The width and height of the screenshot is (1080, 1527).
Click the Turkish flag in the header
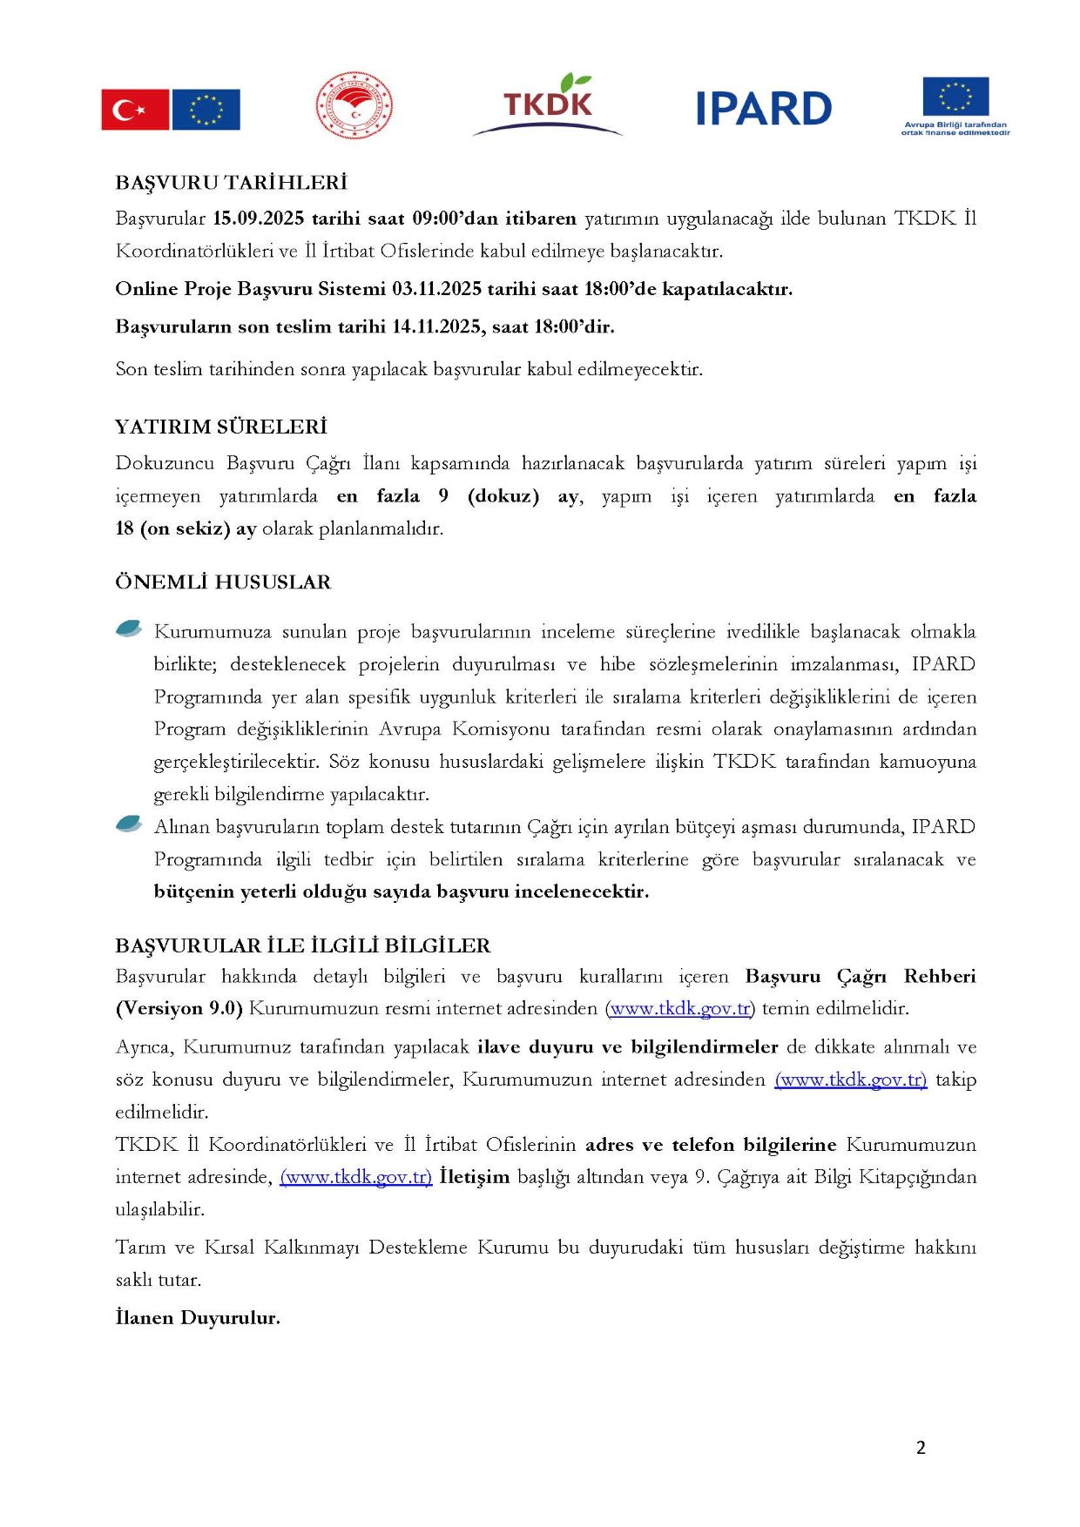tap(135, 110)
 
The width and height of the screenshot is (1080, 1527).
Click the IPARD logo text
tap(764, 109)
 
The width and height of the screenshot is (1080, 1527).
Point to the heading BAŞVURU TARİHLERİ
tap(231, 183)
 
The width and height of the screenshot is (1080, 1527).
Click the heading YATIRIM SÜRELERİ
tap(221, 427)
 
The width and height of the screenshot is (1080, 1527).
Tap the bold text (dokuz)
tap(503, 496)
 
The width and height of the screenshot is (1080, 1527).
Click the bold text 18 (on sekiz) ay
tap(186, 528)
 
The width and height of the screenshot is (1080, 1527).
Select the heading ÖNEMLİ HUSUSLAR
tap(223, 582)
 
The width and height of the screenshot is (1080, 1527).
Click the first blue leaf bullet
tap(129, 629)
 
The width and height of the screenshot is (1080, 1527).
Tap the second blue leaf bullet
tap(129, 824)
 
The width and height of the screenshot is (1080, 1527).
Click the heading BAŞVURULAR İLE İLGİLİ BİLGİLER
tap(302, 945)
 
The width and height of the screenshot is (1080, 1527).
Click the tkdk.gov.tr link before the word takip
tap(850, 1080)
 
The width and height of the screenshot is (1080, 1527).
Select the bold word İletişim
tap(474, 1177)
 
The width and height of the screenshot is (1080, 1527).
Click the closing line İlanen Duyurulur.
tap(198, 1318)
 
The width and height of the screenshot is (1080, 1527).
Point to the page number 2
tap(921, 1448)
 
